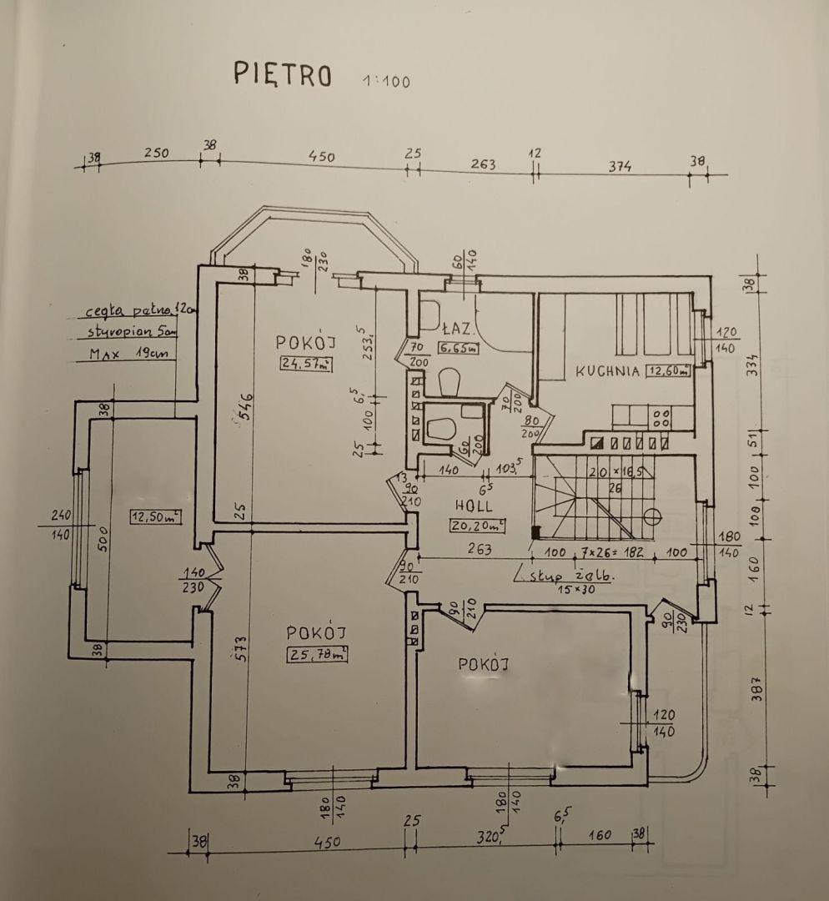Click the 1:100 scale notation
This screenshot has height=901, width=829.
tap(386, 81)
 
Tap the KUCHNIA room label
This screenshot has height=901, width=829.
tap(607, 371)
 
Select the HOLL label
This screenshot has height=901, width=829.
tap(474, 506)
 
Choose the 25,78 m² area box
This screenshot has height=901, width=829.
tap(316, 654)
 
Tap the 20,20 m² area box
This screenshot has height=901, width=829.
tap(478, 525)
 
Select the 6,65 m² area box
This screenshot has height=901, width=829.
tap(459, 348)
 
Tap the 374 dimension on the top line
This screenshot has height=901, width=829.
tap(619, 167)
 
